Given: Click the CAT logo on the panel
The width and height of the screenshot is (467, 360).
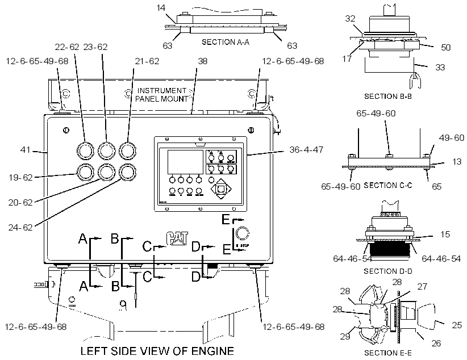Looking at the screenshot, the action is (177, 238).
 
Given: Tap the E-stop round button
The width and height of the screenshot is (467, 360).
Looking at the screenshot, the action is (242, 233).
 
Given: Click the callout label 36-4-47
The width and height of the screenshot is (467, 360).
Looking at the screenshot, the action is (306, 149).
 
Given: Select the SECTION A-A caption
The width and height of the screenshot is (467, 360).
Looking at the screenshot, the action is (226, 42).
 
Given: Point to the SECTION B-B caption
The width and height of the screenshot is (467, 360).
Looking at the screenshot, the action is (388, 96).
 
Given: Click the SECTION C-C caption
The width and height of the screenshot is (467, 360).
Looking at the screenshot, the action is (388, 185).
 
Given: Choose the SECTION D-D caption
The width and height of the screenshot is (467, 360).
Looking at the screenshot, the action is (388, 271).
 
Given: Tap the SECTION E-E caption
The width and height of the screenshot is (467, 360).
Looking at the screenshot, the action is (388, 353).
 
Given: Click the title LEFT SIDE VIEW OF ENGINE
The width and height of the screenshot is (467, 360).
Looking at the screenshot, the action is (157, 351).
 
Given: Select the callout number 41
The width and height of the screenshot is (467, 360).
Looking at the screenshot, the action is (26, 149).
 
